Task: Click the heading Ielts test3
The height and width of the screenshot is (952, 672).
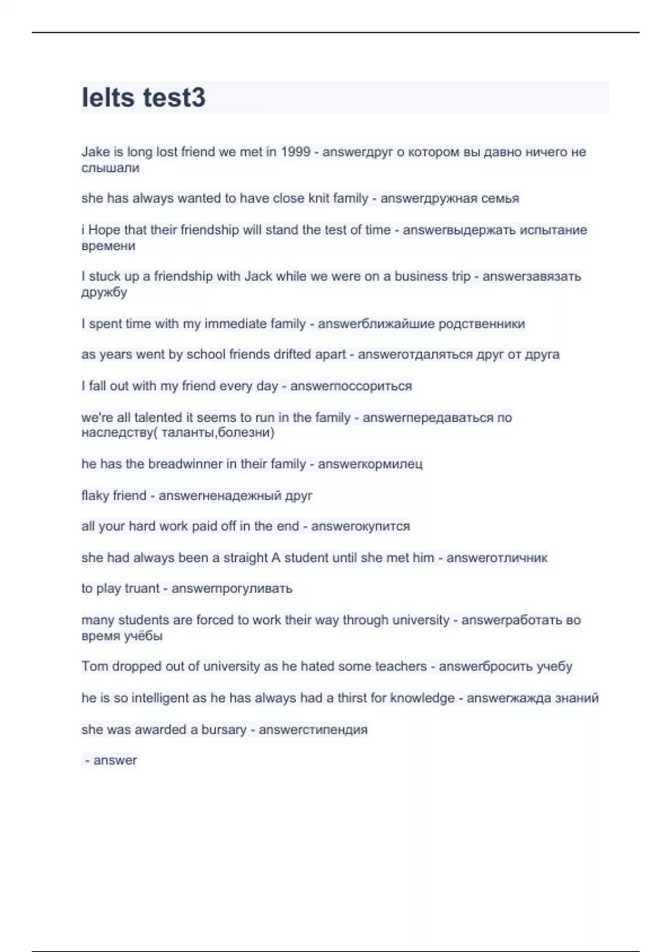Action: [144, 97]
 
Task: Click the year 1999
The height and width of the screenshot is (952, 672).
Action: [295, 152]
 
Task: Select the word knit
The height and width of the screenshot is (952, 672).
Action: [319, 198]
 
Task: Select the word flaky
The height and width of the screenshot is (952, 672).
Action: [95, 496]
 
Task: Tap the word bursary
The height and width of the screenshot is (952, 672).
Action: [223, 730]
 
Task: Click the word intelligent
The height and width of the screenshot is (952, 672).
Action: [151, 698]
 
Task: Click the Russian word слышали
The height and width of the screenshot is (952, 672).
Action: [110, 168]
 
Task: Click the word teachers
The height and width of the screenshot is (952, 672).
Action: [400, 666]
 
